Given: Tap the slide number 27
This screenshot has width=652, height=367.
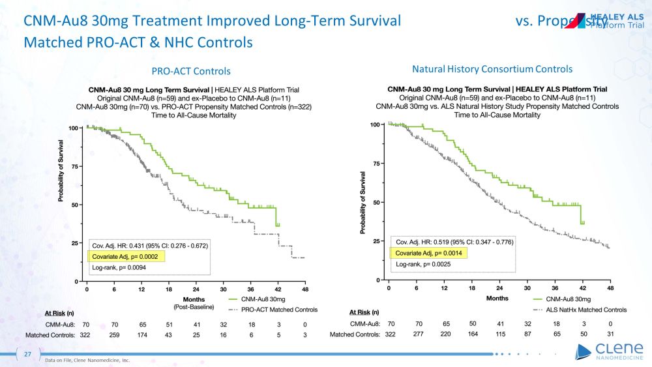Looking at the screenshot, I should pyautogui.click(x=28, y=354).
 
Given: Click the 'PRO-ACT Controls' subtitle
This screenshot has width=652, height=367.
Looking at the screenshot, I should pyautogui.click(x=191, y=70).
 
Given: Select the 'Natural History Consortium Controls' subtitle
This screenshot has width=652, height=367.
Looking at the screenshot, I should pyautogui.click(x=492, y=68).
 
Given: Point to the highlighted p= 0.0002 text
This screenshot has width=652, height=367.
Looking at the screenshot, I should pyautogui.click(x=126, y=257).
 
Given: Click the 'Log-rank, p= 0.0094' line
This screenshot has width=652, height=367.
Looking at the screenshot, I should pyautogui.click(x=125, y=269).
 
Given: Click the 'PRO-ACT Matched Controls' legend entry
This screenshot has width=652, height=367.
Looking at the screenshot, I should pyautogui.click(x=278, y=309).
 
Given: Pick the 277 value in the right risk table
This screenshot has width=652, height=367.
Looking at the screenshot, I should pyautogui.click(x=418, y=334).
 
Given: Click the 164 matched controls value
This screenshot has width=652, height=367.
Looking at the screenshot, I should pyautogui.click(x=473, y=334).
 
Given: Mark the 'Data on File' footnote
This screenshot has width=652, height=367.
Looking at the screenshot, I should pyautogui.click(x=88, y=359).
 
